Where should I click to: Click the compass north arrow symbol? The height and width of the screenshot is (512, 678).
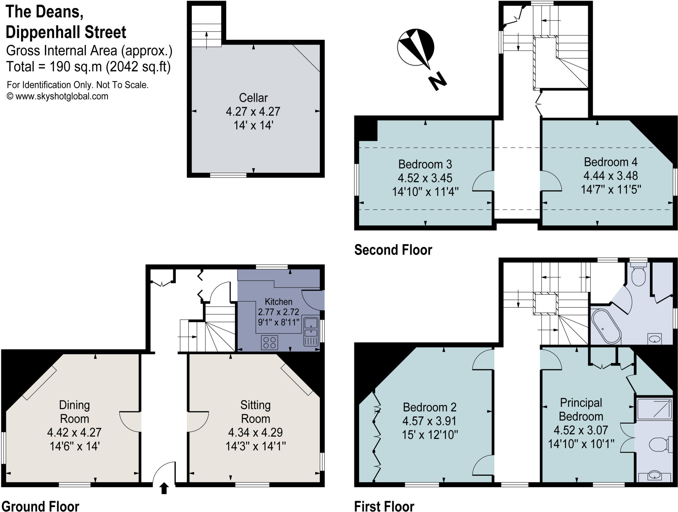[416, 48]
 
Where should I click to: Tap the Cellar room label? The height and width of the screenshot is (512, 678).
[253, 98]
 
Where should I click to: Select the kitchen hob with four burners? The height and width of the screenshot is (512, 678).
[269, 342]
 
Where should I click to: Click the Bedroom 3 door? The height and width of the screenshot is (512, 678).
[483, 181]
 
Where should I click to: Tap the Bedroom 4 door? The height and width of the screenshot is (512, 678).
[551, 181]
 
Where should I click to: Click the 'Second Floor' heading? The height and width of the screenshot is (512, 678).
[393, 250]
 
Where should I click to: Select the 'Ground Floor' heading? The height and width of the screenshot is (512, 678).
[40, 506]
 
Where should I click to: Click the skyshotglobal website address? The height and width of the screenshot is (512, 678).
[62, 96]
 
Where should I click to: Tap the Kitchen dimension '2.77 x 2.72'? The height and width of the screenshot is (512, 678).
[278, 312]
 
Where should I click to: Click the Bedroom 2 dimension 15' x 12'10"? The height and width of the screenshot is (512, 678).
[430, 435]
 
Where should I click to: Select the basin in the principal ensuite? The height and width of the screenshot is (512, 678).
[654, 476]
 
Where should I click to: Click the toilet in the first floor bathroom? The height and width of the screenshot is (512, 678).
[639, 275]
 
